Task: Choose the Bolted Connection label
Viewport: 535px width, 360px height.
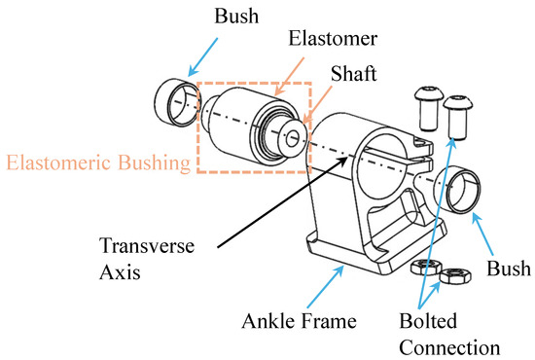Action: (x=448, y=330)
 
